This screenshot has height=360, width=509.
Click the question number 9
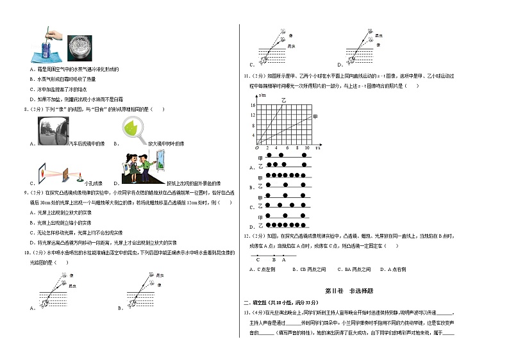click(26, 192)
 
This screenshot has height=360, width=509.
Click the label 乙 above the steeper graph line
click(284, 101)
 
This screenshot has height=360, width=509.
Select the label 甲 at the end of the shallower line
click(315, 117)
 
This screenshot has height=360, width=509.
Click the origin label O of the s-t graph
click(256, 147)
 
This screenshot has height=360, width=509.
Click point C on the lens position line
click(258, 259)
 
